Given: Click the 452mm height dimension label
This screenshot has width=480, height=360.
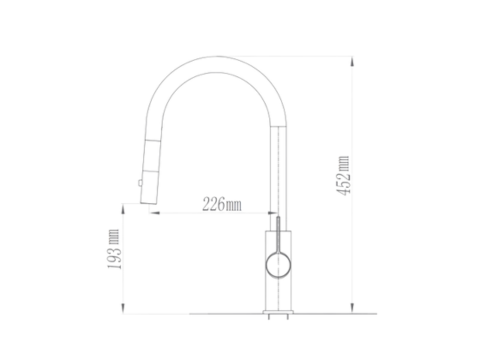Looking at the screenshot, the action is tap(344, 176).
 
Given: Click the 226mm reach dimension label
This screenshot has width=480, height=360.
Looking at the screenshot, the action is tap(222, 204).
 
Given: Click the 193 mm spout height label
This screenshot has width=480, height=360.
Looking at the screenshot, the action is tap(113, 249).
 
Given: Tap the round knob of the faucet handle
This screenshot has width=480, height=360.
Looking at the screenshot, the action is tap(278, 265).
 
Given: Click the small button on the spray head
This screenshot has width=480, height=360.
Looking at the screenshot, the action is tap(140, 183).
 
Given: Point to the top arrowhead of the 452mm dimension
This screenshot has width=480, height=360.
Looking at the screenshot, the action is tap(352, 62).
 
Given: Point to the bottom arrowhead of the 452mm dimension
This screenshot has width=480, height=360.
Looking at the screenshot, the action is tap(352, 308).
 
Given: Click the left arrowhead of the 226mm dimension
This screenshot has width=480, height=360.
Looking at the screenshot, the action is tap(154, 213).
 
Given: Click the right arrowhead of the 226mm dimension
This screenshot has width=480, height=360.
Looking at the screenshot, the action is tap(272, 213).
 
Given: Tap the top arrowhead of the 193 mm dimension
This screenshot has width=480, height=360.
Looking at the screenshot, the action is tap(123, 209).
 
